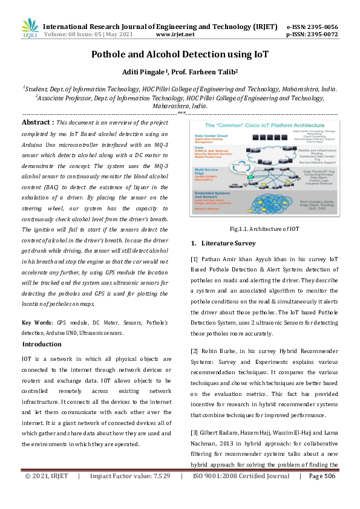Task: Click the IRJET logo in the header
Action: click(30, 28)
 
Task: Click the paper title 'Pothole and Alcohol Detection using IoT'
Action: click(180, 54)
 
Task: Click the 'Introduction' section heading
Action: click(42, 344)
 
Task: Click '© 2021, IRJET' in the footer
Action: click(47, 493)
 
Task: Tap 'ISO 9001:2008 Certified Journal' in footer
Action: click(241, 493)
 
